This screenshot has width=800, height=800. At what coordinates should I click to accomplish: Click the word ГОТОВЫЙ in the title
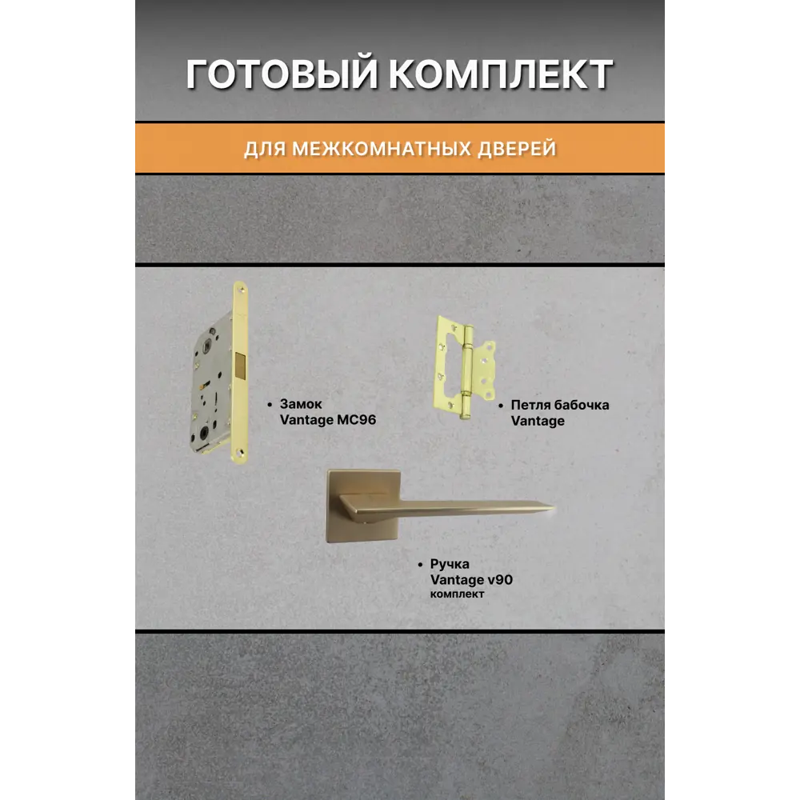coord(286,74)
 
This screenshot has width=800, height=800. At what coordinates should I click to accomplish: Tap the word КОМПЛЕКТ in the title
coord(502,74)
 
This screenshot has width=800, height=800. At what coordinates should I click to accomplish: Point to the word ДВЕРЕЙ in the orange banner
coord(517,149)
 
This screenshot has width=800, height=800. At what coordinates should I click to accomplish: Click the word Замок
coord(301,404)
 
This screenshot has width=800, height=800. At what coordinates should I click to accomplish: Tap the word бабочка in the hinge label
coord(582,405)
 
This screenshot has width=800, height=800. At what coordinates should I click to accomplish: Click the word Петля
coord(530,405)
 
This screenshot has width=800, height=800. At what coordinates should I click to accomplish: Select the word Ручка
coord(450,564)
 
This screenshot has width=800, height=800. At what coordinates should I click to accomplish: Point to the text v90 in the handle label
coord(500,580)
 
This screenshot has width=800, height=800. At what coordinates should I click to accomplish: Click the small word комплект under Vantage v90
coord(457,594)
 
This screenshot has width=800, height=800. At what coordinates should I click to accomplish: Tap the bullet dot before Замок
coord(270,405)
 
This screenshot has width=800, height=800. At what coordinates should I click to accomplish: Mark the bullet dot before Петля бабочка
coord(501,406)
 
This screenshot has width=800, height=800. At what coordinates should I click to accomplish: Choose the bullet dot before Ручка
coord(421,565)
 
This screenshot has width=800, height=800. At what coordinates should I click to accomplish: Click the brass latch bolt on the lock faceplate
coord(241,366)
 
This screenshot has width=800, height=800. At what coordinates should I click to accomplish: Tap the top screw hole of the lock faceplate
coord(240,290)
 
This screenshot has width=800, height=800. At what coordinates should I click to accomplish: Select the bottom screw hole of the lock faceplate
coord(240,453)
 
